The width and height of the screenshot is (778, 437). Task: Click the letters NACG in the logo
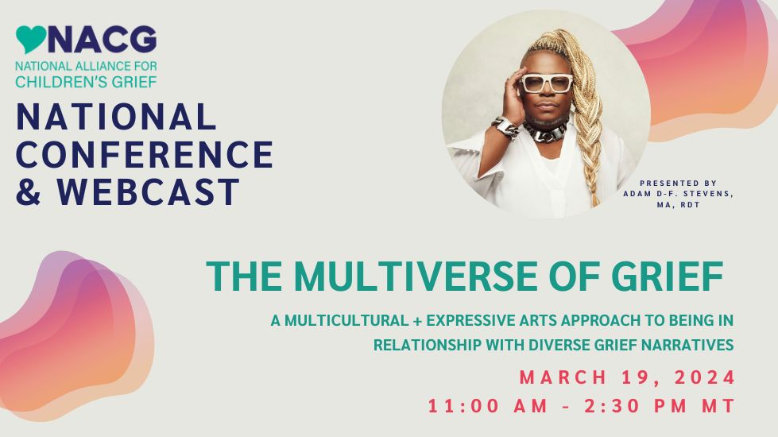pyautogui.click(x=103, y=40)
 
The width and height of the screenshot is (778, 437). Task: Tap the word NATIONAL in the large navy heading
pyautogui.click(x=116, y=117)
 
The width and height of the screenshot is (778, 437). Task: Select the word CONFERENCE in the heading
pyautogui.click(x=145, y=154)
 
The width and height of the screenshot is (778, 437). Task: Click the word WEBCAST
pyautogui.click(x=148, y=192)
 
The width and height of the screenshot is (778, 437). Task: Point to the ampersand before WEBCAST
pyautogui.click(x=29, y=192)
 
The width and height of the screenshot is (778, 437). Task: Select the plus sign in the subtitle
pyautogui.click(x=417, y=321)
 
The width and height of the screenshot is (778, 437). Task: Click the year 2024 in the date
pyautogui.click(x=705, y=377)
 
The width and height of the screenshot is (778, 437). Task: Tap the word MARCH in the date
pyautogui.click(x=563, y=377)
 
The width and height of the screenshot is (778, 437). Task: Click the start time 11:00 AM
pyautogui.click(x=488, y=406)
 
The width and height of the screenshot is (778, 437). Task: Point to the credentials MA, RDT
pyautogui.click(x=679, y=205)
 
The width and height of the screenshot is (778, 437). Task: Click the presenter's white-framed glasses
pyautogui.click(x=546, y=83)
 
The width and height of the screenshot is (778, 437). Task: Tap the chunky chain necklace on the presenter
pyautogui.click(x=545, y=131)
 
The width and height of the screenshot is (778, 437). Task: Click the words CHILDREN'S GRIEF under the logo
pyautogui.click(x=86, y=82)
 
